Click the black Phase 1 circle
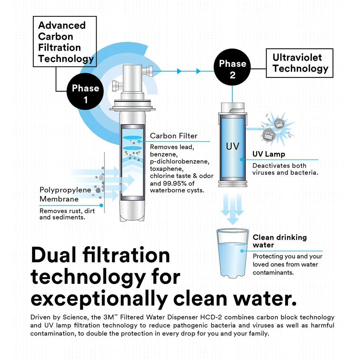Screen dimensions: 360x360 click(x=85, y=91)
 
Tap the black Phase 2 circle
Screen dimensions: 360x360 click(x=232, y=67)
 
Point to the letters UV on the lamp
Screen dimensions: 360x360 click(x=233, y=146)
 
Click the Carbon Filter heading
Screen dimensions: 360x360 click(x=174, y=136)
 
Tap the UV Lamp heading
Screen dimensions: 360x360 click(x=269, y=154)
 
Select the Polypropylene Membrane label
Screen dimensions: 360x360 click(x=65, y=194)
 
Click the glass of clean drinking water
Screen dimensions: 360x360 click(x=233, y=253)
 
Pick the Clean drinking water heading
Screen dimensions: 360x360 click(x=279, y=241)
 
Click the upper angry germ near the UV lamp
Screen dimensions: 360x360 click(x=279, y=124)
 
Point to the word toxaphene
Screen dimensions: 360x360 click(x=166, y=169)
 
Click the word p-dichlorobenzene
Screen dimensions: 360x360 click(x=180, y=161)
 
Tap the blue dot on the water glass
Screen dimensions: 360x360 click(x=242, y=251)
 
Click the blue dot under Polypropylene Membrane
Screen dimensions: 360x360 click(x=101, y=205)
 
